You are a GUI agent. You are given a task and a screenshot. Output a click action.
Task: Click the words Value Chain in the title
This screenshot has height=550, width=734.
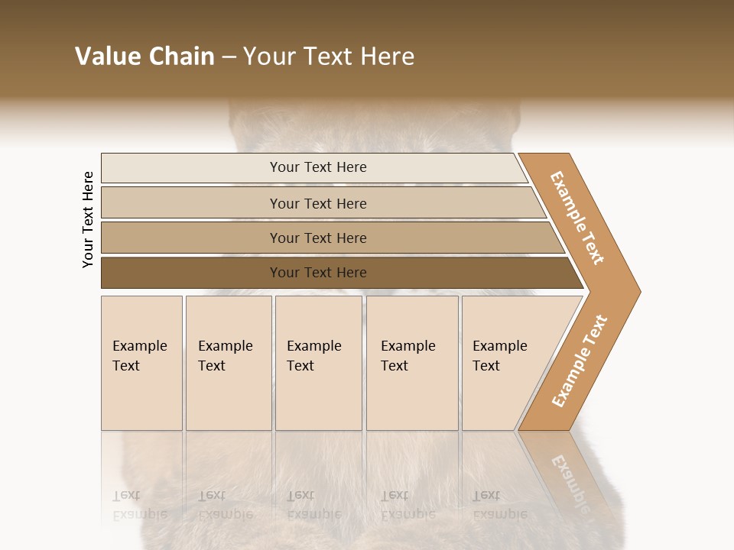tap(145, 57)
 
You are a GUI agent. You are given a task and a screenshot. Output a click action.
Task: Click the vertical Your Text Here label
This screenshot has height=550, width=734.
tap(88, 219)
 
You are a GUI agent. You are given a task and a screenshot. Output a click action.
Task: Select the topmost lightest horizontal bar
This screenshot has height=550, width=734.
tap(191, 168)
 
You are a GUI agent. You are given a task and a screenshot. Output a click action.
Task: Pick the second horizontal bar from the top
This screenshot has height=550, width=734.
tap(191, 203)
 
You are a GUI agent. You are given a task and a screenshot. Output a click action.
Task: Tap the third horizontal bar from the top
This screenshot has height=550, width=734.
tap(191, 238)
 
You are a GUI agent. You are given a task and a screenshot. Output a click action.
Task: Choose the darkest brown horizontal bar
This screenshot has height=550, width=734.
tap(191, 273)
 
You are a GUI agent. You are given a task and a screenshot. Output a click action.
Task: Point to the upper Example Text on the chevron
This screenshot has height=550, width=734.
tap(577, 218)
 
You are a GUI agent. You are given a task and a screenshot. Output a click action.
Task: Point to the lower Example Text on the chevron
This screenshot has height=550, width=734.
tap(580, 361)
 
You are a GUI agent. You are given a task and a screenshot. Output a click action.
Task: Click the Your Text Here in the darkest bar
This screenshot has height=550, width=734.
tap(318, 273)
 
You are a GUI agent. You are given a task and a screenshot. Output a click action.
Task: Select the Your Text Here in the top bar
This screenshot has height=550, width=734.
tap(318, 167)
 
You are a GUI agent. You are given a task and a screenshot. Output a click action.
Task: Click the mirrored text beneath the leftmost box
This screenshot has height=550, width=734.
tap(139, 505)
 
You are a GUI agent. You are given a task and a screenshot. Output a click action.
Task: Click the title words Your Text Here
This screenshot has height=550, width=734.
tap(329, 57)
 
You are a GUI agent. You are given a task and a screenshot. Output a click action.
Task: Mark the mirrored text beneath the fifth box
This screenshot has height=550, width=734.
tap(499, 505)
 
